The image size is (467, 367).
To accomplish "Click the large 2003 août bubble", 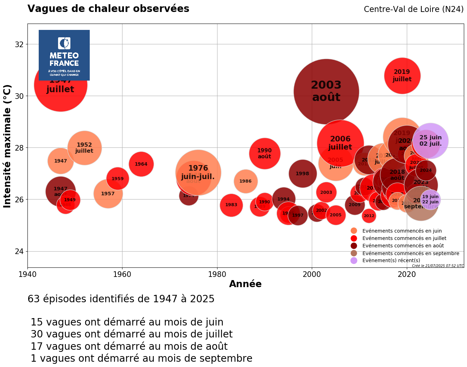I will click(326, 91).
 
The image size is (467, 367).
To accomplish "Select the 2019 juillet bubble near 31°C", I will click(402, 76).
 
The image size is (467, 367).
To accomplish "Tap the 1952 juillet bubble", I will click(84, 148).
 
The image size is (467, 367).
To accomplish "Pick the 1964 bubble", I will click(141, 164).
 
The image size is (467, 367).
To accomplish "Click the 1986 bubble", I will click(245, 181).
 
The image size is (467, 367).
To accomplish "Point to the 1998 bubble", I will click(302, 173).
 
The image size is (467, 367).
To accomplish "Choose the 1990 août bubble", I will click(264, 153).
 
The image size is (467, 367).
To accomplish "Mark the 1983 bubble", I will click(231, 205).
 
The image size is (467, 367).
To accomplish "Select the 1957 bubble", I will click(108, 194).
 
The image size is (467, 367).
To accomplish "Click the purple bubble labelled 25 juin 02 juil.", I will click(430, 141).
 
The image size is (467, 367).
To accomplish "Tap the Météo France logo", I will click(64, 55).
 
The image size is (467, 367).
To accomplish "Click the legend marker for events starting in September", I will click(354, 253).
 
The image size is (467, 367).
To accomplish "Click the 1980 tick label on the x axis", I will click(217, 274).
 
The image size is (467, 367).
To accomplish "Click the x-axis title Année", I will click(245, 284).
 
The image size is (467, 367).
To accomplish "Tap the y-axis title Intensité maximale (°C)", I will click(7, 146).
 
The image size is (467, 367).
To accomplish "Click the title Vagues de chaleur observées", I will click(108, 9).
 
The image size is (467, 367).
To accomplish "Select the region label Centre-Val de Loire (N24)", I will click(414, 10).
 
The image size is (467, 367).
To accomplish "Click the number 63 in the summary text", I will click(34, 299).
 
